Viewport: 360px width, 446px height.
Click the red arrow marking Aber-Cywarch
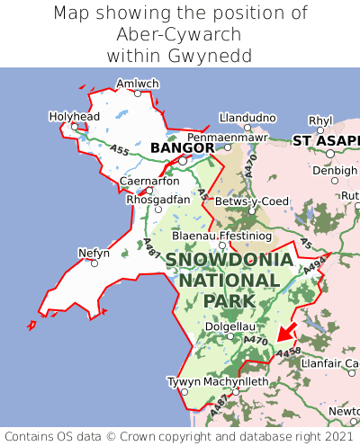tap(286, 333)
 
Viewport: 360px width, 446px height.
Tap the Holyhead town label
tap(74, 116)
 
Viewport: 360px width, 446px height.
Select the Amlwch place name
tap(138, 84)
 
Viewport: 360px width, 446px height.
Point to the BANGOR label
tap(183, 147)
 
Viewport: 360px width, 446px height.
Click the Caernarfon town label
tap(149, 181)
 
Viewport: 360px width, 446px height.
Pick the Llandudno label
tap(247, 118)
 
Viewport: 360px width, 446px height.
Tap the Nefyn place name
tap(94, 253)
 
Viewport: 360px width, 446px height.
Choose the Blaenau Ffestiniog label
tap(220, 235)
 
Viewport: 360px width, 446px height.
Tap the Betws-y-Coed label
tap(256, 201)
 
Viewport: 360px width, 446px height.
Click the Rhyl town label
tap(320, 120)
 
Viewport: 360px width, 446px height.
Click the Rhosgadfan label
tap(158, 199)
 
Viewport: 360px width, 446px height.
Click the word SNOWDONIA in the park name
tap(229, 260)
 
